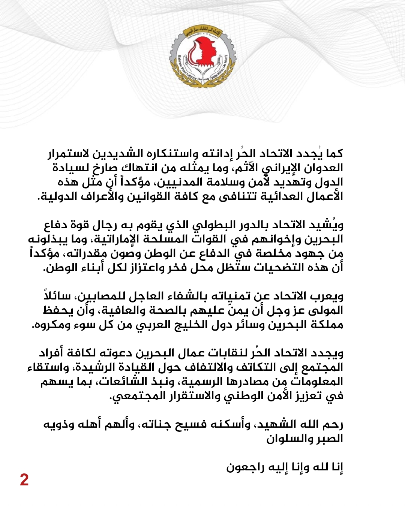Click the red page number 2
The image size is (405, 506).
tap(24, 480)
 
